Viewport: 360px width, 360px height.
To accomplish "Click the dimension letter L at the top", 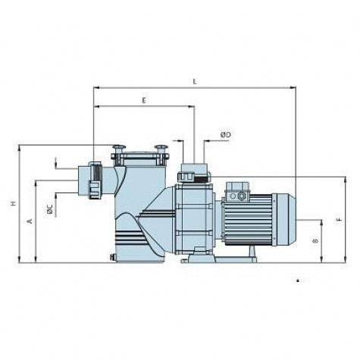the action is click(195, 82).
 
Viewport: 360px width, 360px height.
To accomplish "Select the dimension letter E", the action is click(144, 101).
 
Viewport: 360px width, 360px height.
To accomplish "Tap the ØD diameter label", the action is click(226, 135).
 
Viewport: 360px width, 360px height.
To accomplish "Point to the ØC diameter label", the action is click(50, 209).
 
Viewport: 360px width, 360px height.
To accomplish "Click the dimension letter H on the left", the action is click(14, 203).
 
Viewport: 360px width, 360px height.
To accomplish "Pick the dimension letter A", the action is click(30, 221).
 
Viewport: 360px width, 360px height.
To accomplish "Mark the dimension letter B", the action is click(315, 241).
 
